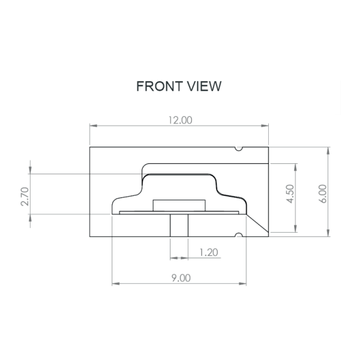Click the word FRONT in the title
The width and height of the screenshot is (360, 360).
click(x=160, y=86)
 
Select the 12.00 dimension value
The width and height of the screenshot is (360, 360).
click(x=180, y=121)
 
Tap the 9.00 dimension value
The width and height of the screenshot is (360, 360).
click(x=181, y=278)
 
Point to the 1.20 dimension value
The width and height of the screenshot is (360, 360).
click(x=209, y=253)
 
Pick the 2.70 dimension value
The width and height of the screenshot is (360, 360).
click(x=25, y=197)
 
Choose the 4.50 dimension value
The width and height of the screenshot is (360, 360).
click(x=290, y=194)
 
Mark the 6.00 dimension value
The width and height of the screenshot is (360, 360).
click(x=323, y=194)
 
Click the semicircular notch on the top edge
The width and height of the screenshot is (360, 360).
click(x=239, y=149)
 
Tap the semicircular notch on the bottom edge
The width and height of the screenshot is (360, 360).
click(x=239, y=235)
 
